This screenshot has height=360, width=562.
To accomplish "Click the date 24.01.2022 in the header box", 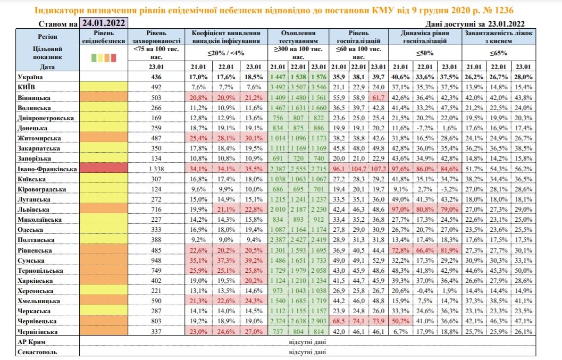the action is (x=104, y=23).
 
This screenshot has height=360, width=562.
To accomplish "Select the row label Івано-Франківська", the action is (x=47, y=169).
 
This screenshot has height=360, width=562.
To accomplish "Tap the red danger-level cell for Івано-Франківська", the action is (x=104, y=168).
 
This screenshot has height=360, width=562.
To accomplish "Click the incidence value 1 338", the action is (x=156, y=169).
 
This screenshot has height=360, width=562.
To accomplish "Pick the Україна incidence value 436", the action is (x=156, y=77).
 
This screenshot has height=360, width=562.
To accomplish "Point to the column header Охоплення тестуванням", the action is (x=298, y=37).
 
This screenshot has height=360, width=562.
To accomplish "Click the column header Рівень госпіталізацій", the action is (x=358, y=37).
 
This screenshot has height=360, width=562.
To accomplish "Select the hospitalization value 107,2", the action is (x=379, y=169).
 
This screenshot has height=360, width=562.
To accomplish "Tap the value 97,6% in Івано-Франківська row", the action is (x=400, y=169).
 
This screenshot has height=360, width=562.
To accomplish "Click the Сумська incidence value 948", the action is (x=156, y=261).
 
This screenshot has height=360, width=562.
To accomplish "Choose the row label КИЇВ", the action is (x=27, y=87).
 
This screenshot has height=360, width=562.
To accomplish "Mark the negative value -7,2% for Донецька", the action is (x=425, y=128).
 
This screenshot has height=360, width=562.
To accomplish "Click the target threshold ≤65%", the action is (x=499, y=53).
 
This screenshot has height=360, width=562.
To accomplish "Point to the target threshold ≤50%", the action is (x=425, y=53).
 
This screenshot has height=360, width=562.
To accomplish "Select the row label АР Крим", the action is (x=31, y=342).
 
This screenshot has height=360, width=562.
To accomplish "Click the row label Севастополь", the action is (x=37, y=352).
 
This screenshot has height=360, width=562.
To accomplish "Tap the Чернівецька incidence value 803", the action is (x=156, y=321).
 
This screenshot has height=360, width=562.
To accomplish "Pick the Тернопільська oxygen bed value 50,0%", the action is (x=523, y=270).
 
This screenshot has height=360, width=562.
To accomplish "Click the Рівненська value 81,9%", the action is (x=449, y=250).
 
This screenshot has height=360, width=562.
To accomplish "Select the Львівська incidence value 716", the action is (x=156, y=210).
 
